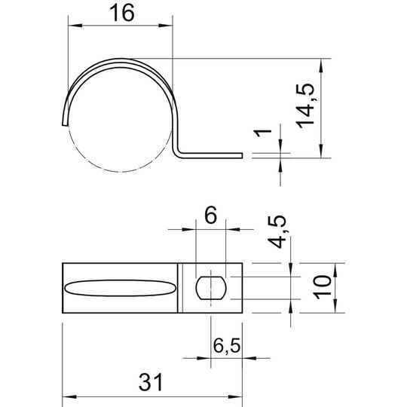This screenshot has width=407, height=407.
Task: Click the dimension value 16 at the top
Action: [122, 13]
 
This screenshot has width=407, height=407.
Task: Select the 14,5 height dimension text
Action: [305, 106]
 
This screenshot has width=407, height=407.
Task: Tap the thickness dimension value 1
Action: [263, 133]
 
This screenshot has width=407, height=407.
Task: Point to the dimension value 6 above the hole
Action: [210, 215]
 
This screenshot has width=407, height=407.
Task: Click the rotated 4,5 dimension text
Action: [277, 232]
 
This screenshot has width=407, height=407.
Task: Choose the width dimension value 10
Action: [322, 288]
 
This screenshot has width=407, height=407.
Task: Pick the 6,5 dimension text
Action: [227, 346]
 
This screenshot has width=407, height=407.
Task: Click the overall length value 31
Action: [151, 382]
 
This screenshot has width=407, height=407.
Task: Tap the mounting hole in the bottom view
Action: [211, 288]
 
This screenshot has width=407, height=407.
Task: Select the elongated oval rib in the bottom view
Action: [120, 288]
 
